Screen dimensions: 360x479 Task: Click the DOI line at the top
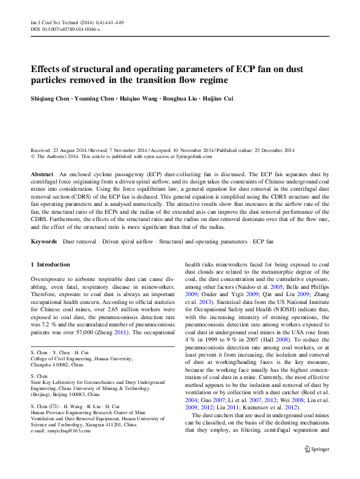(65, 29)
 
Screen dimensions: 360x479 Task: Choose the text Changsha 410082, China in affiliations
(57, 365)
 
